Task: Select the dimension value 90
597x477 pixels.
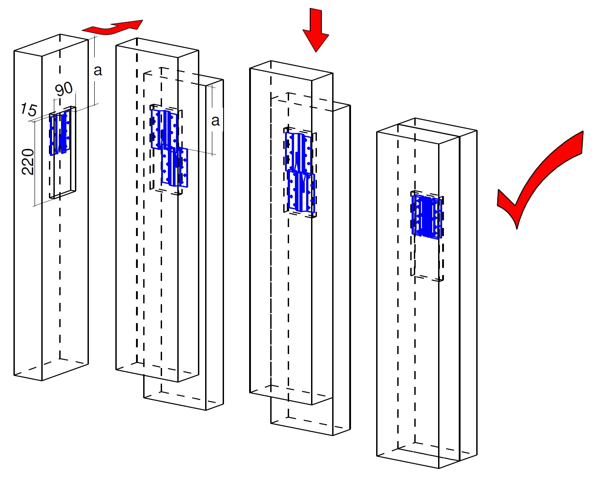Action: pos(64,89)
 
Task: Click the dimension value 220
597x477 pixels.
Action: pos(28,162)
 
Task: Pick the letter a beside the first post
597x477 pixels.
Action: pos(98,70)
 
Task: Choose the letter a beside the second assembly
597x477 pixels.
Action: pos(215,121)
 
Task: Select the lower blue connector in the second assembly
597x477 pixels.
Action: pos(175,166)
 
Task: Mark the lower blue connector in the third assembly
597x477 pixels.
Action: pos(301,191)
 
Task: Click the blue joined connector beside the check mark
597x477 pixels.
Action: pos(427,217)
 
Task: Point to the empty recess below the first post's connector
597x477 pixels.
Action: pos(63,174)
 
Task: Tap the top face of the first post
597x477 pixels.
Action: pos(51,45)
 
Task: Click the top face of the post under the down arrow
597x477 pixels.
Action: pos(291,71)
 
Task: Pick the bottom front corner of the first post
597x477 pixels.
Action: pos(42,381)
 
